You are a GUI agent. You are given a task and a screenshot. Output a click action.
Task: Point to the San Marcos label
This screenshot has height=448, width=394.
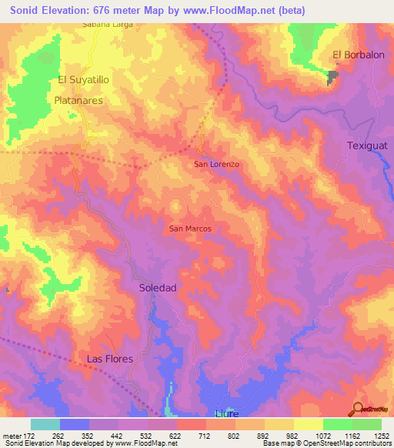(190, 229)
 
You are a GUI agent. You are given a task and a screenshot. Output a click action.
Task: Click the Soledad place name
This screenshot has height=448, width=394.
(159, 287)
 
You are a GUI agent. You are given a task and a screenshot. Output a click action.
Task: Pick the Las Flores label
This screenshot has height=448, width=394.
(109, 359)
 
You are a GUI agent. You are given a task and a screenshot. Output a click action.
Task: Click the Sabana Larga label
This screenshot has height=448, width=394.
(108, 25)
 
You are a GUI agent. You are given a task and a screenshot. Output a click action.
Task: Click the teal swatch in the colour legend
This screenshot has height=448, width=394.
(45, 424)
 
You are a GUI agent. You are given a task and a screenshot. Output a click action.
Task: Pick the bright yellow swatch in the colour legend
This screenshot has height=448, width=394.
(308, 424)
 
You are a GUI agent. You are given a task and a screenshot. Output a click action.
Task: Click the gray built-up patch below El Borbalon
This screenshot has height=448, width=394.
(332, 76)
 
